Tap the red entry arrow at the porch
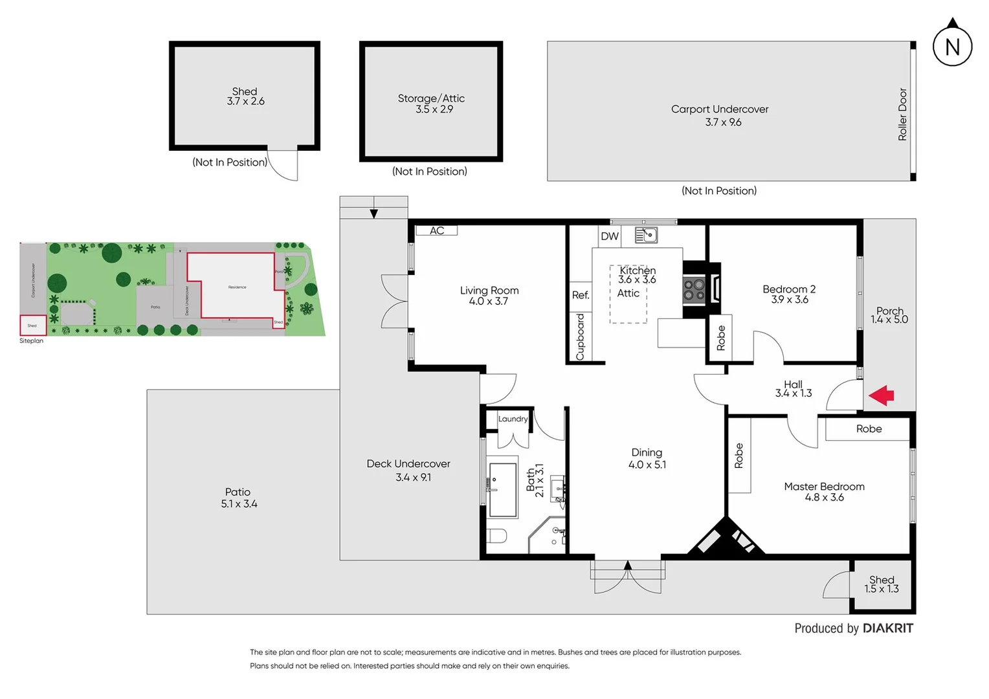[882, 395]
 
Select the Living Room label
[489, 291]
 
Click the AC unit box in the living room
[437, 230]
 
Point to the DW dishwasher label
[610, 236]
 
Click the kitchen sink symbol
[646, 235]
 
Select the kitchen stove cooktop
[695, 290]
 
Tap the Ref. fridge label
[581, 295]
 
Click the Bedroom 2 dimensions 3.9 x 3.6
[789, 300]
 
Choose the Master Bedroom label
[824, 486]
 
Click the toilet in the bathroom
[497, 537]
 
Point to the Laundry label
[513, 419]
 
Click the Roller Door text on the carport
[902, 115]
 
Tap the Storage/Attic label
[431, 98]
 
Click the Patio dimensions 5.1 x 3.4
[239, 504]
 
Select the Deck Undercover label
[408, 463]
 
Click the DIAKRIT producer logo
[887, 628]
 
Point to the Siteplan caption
[31, 341]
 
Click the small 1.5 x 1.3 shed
[882, 585]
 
